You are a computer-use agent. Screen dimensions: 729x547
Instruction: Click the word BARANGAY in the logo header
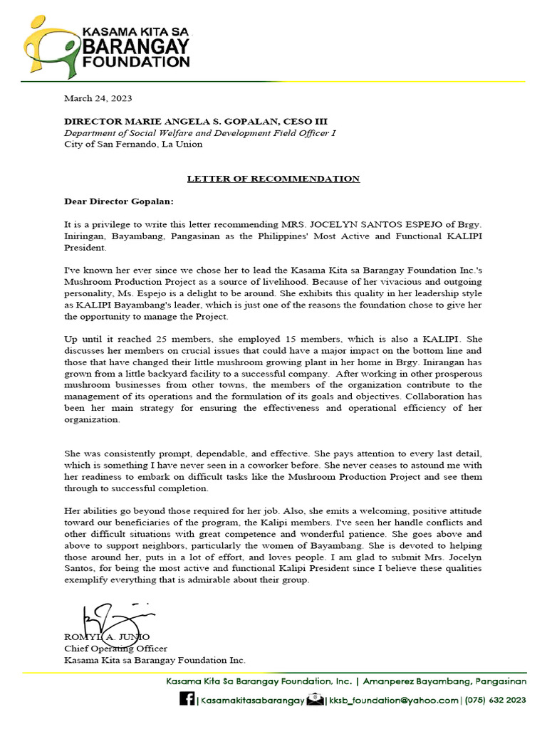pos(137,47)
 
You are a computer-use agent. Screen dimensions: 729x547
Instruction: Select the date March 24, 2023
pos(98,98)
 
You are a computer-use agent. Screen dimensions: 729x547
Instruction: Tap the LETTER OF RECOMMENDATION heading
pos(273,179)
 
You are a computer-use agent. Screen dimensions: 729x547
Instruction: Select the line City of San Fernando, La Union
pos(133,144)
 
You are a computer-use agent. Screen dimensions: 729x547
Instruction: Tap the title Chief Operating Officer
pos(115,649)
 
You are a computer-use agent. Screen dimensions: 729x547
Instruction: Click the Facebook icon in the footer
pos(187,700)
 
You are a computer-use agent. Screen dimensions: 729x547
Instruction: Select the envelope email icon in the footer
pos(315,700)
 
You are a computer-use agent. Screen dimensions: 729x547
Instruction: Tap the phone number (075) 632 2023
pos(496,701)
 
